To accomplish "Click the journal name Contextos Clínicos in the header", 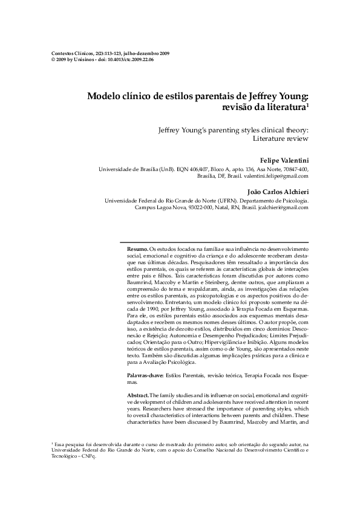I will pyautogui.click(x=69, y=54).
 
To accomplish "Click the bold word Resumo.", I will pyautogui.click(x=137, y=249).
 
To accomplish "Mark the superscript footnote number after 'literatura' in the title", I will pyautogui.click(x=307, y=105).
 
